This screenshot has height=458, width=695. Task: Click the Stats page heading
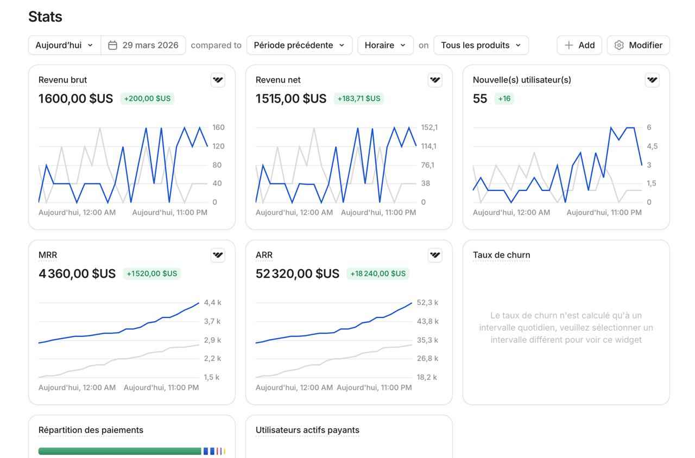(x=45, y=17)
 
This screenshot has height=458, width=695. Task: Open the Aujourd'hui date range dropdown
(x=64, y=45)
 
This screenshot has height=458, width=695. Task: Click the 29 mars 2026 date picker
(x=143, y=45)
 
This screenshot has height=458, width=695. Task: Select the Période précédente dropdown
(x=299, y=45)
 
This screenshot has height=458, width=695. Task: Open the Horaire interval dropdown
(x=385, y=45)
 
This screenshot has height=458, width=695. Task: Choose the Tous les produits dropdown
(x=481, y=45)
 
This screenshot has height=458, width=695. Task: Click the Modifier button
(x=638, y=45)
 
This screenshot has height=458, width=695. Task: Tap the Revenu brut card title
(x=62, y=80)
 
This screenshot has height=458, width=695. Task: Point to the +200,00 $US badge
(x=147, y=99)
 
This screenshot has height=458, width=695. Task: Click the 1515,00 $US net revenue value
(x=291, y=99)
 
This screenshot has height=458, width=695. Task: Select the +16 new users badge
(x=504, y=99)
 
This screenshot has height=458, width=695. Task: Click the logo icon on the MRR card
(x=218, y=255)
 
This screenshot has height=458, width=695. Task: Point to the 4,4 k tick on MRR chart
(x=212, y=302)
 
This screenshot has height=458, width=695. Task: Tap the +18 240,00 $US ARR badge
(x=378, y=273)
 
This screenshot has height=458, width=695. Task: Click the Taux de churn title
(x=501, y=255)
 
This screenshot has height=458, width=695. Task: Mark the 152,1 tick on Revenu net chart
(x=429, y=128)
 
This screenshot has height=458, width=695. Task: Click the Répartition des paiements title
(x=91, y=430)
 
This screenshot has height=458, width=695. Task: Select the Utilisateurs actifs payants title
(x=307, y=430)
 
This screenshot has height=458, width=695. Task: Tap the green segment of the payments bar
(x=119, y=451)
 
